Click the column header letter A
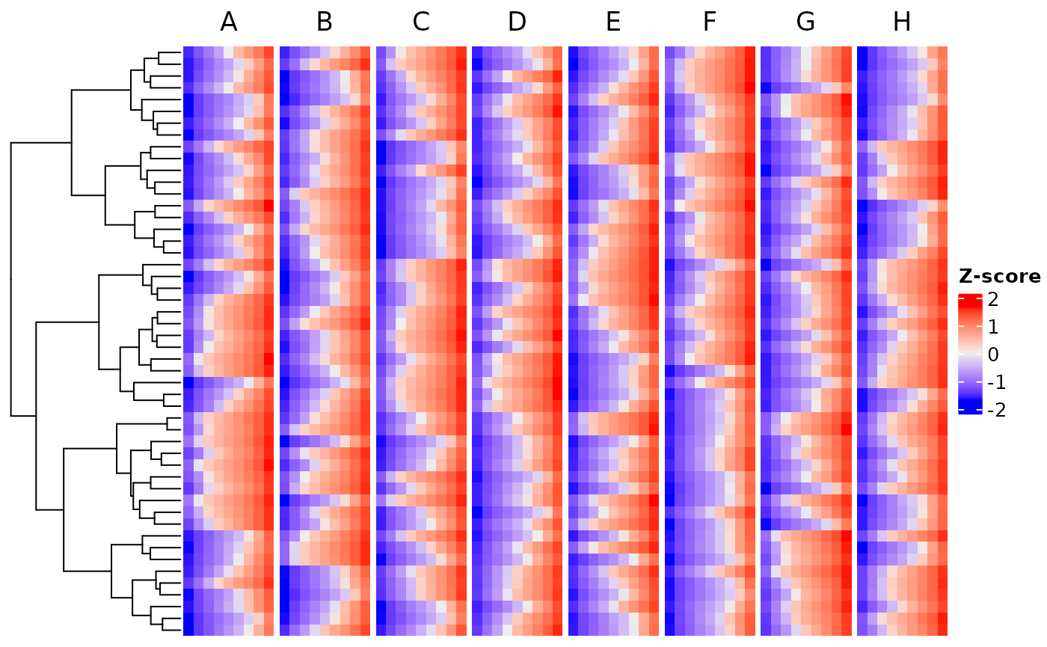[229, 22]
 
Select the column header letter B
[325, 22]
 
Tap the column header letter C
[421, 22]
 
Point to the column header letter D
[517, 22]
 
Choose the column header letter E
[613, 22]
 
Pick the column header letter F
[710, 22]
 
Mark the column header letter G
[805, 22]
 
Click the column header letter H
[902, 22]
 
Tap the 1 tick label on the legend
[993, 327]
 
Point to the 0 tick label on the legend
[993, 355]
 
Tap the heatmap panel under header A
[229, 341]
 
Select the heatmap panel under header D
[517, 341]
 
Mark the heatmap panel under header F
[710, 341]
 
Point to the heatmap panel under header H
[902, 341]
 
